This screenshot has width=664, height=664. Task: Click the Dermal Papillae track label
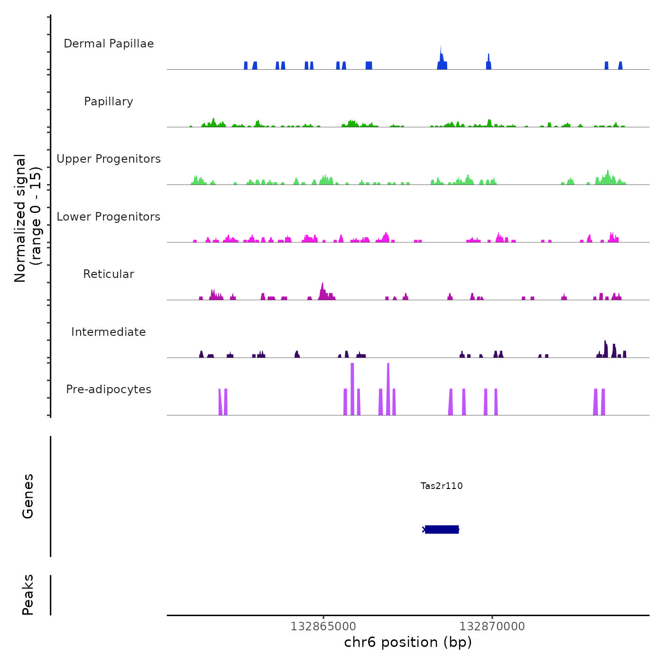(109, 44)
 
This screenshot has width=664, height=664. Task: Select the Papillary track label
(109, 101)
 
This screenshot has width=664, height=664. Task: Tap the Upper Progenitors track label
(109, 159)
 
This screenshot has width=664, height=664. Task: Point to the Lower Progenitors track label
(109, 217)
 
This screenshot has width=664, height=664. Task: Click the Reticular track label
(109, 274)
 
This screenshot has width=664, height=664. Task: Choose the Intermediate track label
(109, 332)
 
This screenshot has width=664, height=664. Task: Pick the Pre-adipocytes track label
(109, 389)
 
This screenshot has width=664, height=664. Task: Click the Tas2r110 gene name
(442, 486)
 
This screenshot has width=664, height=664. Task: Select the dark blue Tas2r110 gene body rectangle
(442, 529)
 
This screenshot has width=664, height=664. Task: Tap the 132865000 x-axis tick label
(323, 627)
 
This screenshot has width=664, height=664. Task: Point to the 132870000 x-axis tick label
(492, 627)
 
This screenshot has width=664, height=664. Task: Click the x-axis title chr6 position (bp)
(408, 643)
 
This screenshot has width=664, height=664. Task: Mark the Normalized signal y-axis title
(28, 218)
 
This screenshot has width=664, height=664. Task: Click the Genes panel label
(28, 496)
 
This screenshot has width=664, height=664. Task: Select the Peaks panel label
(28, 595)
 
